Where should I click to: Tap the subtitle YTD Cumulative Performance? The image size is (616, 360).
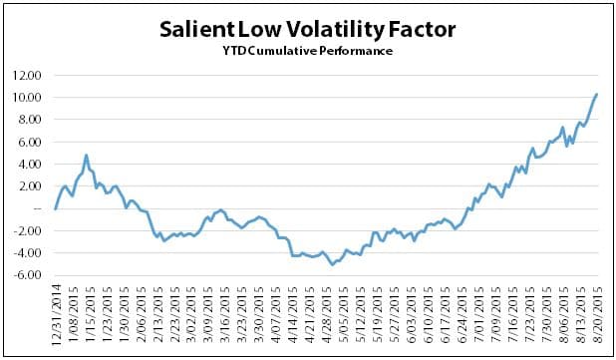[x=307, y=51]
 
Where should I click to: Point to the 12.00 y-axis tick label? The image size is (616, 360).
[x=28, y=75]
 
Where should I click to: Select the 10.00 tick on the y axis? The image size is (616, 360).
[x=28, y=98]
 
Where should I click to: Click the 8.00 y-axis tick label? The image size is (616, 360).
[x=30, y=120]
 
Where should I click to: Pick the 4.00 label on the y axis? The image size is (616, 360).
[x=30, y=165]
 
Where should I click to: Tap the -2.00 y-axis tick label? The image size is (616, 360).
[x=29, y=231]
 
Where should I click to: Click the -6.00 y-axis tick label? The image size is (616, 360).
[x=29, y=276]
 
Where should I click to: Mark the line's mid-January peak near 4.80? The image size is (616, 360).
[x=87, y=156]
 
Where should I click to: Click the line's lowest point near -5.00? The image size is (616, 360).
[x=332, y=263]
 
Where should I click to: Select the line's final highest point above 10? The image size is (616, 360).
[x=596, y=94]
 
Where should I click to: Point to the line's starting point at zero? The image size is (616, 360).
[x=54, y=209]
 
